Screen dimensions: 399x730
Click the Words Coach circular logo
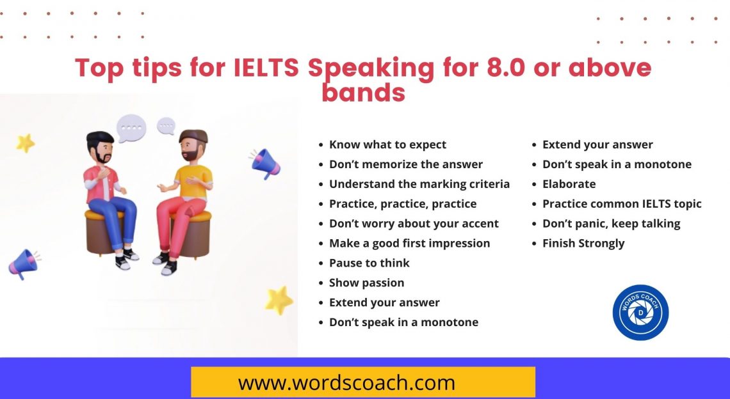coord(640,312)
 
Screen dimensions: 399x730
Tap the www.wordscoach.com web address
coord(346,382)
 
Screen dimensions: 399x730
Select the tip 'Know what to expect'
coord(387,145)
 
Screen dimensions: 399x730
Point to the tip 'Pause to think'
coord(369,263)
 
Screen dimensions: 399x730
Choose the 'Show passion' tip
coord(366,283)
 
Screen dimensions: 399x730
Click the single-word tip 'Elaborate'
coord(569,184)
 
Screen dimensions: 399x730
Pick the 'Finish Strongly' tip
coord(583,243)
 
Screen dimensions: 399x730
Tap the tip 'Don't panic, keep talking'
coord(611,223)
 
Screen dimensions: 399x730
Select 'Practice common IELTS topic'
coord(622,204)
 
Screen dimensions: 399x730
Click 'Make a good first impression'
coord(409,243)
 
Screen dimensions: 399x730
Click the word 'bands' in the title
coord(363,93)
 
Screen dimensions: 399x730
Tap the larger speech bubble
coord(131,128)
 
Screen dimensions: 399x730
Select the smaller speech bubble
coord(166,125)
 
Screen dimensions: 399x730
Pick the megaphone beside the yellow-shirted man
coord(265,163)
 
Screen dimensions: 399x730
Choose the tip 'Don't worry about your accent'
coord(414,223)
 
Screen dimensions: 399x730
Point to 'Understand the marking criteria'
coord(419,184)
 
